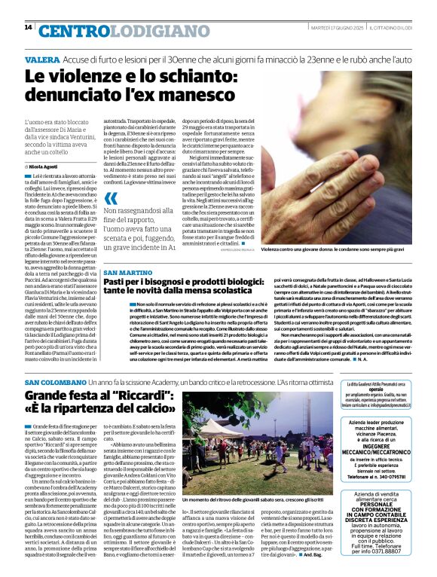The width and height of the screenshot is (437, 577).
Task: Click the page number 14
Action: point(28,27)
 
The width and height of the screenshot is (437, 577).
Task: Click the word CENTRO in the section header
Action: point(72,31)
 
